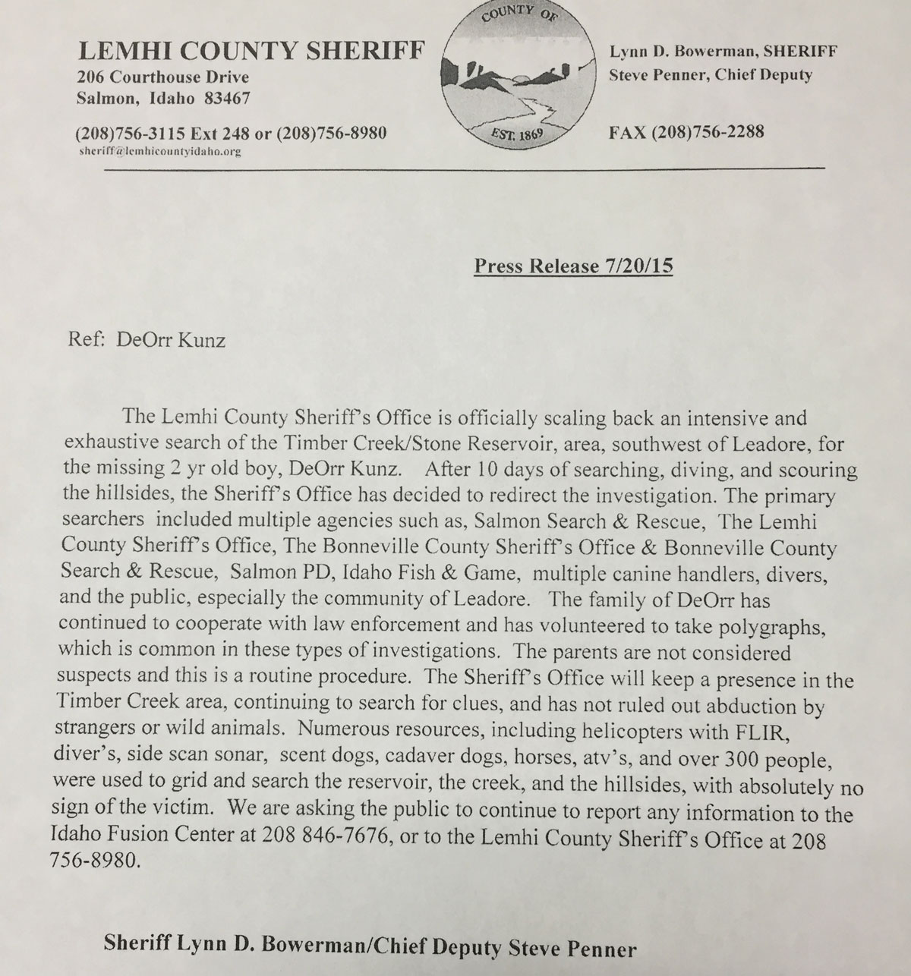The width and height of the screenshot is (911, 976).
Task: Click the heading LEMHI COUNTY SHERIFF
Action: pos(251,51)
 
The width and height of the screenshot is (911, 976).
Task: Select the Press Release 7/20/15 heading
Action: pos(573,266)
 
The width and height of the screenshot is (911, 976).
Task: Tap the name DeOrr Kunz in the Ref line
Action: pos(170,339)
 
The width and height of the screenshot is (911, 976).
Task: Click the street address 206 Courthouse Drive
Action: pos(163,77)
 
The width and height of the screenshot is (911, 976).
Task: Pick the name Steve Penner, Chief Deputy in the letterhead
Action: pos(711,74)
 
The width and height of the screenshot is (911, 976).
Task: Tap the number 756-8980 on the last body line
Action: pos(100,863)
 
